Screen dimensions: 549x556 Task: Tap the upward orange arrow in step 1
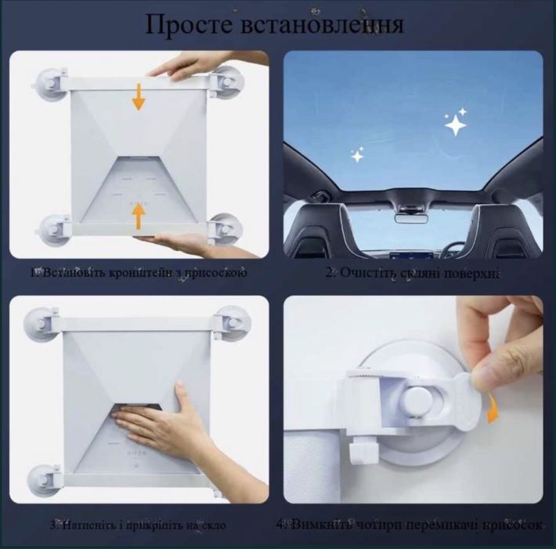(139, 215)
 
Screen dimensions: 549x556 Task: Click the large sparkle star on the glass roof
(455, 122)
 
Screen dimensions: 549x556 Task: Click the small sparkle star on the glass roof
(357, 156)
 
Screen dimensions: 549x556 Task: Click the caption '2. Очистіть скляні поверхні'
(413, 274)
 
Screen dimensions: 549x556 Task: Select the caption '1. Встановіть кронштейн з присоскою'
(139, 273)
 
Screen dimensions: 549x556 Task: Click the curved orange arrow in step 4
(494, 408)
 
